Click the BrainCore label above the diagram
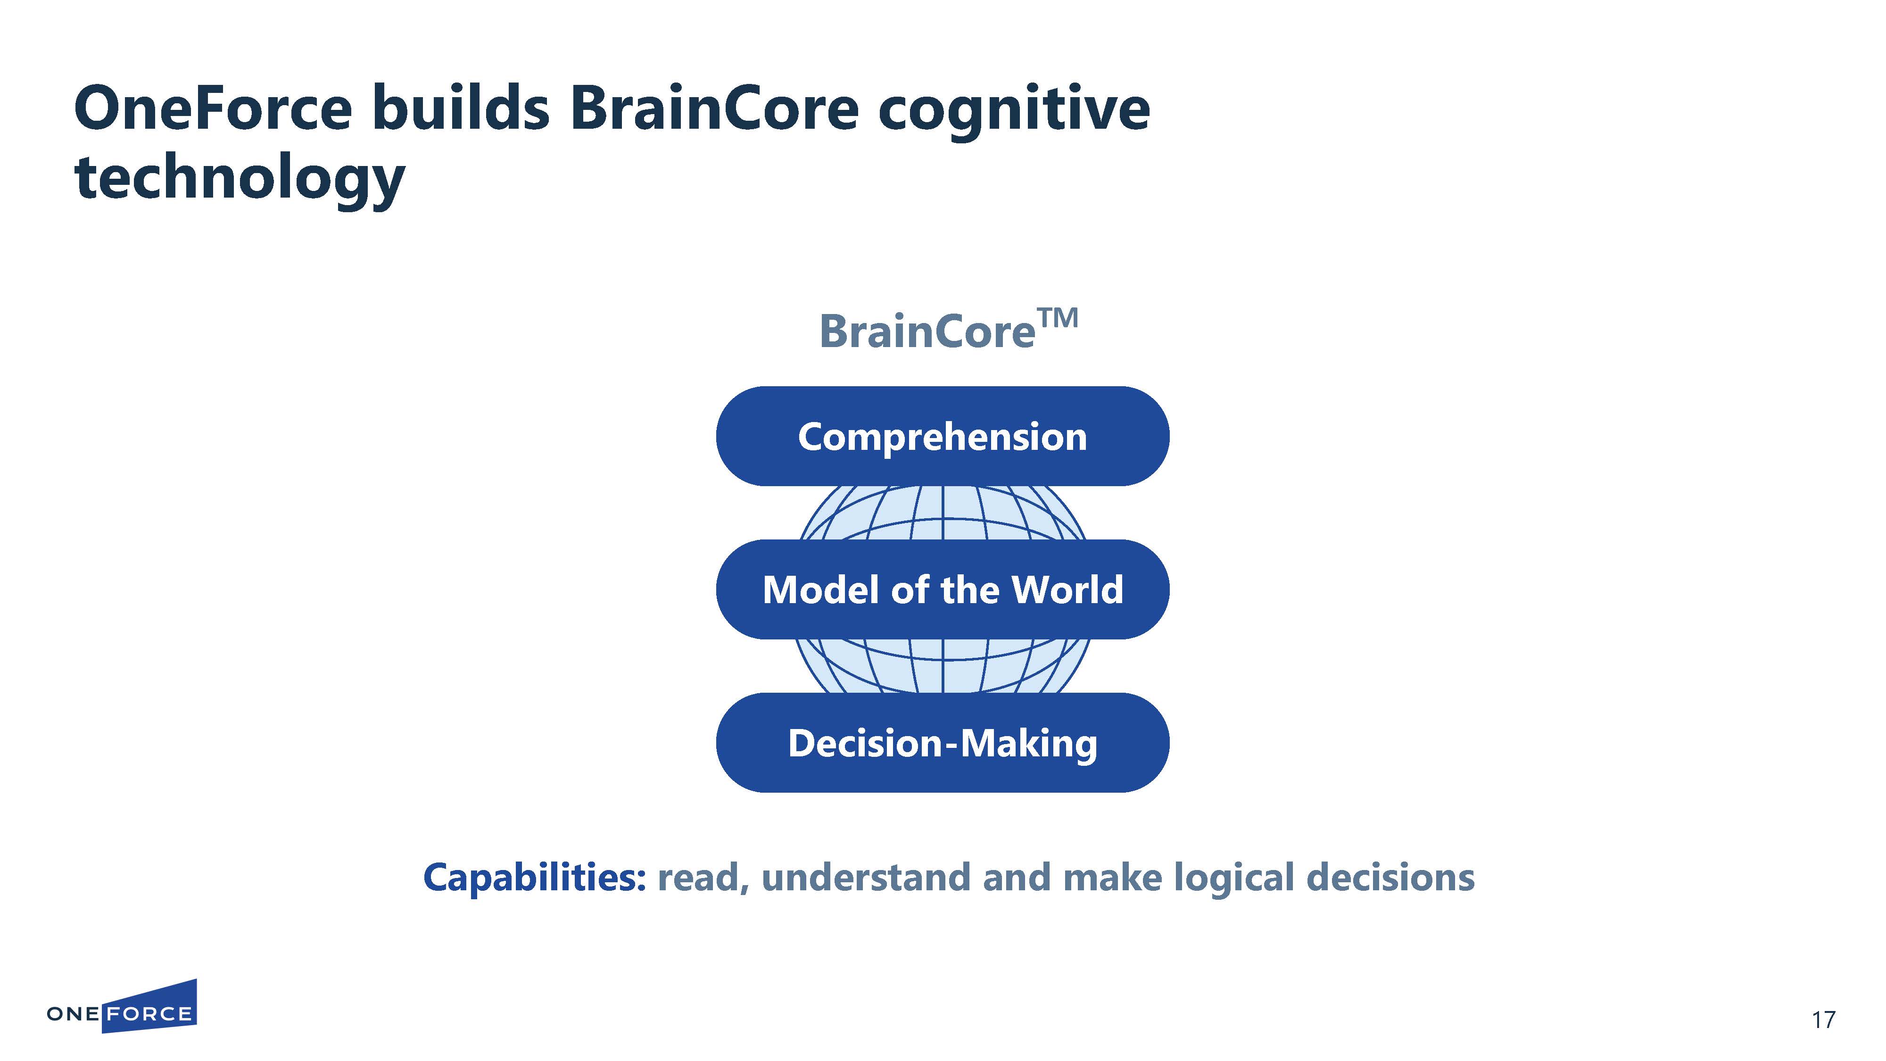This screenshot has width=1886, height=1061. pos(927,332)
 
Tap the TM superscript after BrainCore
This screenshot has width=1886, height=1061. pos(1058,318)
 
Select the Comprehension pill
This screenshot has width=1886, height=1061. pos(942,436)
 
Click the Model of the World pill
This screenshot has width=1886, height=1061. pos(942,589)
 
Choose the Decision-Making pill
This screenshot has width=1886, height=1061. pos(942,743)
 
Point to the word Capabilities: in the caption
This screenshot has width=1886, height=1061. pos(535,877)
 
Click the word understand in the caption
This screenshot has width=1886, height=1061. pos(866,877)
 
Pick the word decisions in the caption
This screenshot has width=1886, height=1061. pos(1390,877)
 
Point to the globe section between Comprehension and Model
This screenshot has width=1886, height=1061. pos(942,513)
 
